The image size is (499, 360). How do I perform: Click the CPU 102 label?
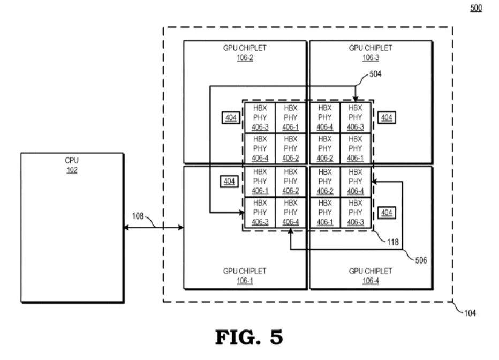point(72,164)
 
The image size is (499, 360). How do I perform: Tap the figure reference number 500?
point(476,9)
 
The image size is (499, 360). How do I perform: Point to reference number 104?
point(470,313)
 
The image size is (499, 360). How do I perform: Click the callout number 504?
point(376,74)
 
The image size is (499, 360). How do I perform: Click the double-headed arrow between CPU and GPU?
point(153,228)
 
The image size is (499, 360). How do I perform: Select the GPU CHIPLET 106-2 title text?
point(245,52)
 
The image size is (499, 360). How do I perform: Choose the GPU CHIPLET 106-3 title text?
point(371,52)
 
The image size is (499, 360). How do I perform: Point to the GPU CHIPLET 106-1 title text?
point(245,275)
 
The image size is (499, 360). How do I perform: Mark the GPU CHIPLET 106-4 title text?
point(371,275)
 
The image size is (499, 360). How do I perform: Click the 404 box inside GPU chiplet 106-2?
point(231,118)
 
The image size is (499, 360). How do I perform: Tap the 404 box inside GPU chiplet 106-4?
point(387,213)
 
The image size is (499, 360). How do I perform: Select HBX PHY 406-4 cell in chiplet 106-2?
point(260,148)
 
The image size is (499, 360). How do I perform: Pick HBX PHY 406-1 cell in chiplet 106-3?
point(356,148)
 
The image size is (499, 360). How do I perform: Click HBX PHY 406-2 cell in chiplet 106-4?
point(325,181)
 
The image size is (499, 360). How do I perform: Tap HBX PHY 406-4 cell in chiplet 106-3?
point(325,117)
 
